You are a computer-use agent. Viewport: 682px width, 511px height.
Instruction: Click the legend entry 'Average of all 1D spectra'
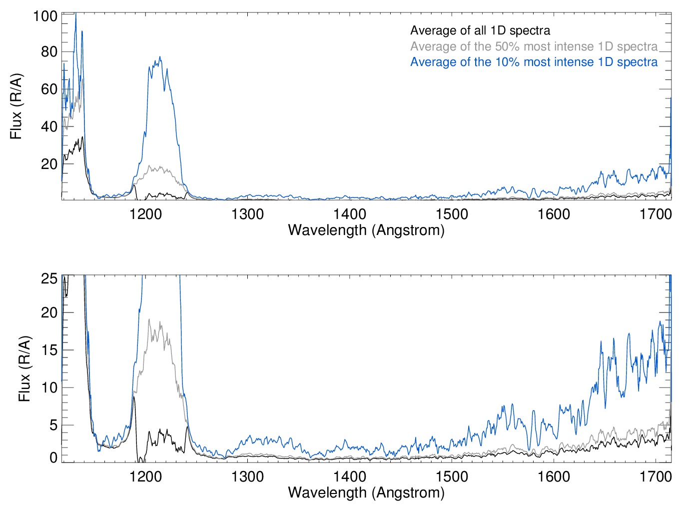[480, 30]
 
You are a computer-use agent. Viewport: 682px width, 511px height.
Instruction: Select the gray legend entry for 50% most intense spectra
[534, 46]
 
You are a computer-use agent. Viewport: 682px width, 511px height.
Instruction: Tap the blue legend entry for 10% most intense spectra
[534, 62]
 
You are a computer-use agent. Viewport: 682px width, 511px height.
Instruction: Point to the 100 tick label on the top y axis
[45, 16]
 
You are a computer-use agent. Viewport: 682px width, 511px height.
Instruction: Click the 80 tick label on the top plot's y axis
[49, 51]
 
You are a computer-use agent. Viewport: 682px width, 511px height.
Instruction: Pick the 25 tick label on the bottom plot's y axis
[49, 278]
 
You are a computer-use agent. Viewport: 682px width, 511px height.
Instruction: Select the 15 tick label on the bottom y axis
[49, 349]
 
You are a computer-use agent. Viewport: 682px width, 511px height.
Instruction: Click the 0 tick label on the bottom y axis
[53, 457]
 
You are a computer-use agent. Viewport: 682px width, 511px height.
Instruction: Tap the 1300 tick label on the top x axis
[247, 214]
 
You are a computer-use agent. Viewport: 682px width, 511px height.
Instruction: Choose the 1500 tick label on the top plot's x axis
[452, 214]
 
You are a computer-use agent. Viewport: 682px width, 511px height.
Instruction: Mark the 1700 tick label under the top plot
[656, 214]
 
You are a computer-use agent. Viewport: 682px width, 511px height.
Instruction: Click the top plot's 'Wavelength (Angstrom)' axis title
[366, 230]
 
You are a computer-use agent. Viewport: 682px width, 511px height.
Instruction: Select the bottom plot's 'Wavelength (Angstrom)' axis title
[366, 492]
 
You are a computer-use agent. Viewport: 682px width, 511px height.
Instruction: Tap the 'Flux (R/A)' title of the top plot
[16, 106]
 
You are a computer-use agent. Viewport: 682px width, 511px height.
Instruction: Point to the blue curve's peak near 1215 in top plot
[160, 56]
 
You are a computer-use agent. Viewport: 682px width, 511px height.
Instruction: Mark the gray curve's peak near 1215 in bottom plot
[149, 319]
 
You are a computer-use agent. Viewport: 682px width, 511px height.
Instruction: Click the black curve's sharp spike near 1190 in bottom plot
[134, 397]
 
